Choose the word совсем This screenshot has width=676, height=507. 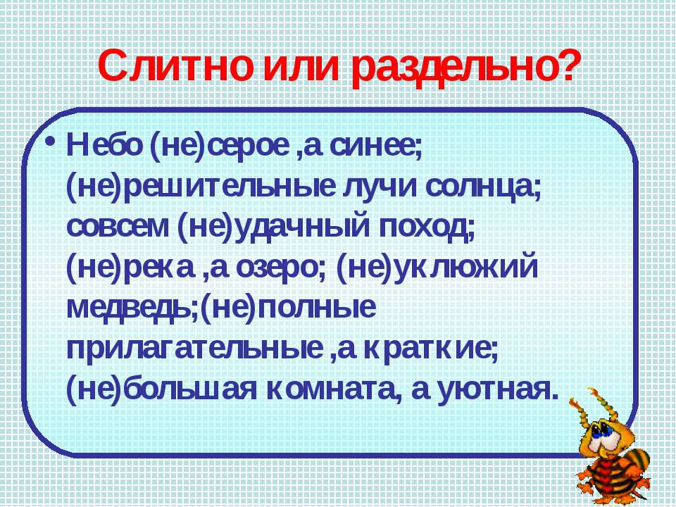pyautogui.click(x=118, y=227)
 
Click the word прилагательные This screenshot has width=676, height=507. pyautogui.click(x=195, y=349)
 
